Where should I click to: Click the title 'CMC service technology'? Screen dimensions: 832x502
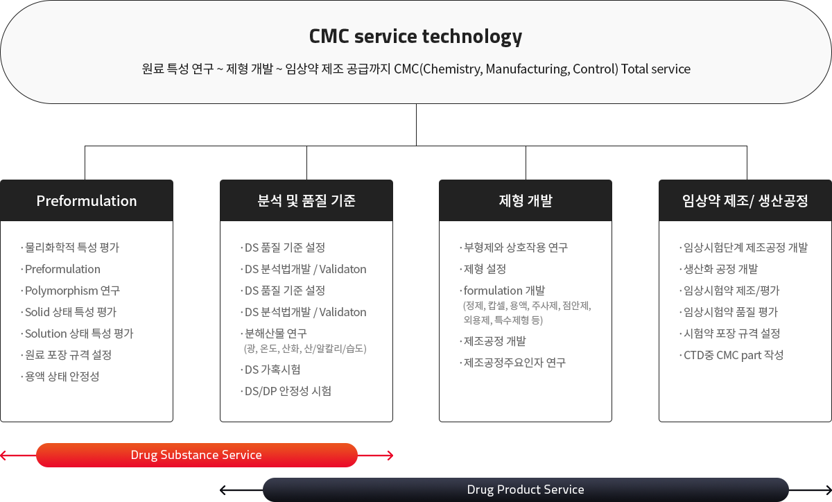pos(415,37)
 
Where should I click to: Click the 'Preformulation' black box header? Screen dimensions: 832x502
pos(87,200)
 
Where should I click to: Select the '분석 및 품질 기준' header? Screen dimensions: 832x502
pos(306,200)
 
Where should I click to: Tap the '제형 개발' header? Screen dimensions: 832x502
pos(526,200)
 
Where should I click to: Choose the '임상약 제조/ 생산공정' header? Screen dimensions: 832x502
pos(745,200)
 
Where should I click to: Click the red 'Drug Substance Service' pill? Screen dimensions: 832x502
pos(197,455)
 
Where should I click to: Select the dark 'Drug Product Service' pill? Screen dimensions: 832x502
pos(526,490)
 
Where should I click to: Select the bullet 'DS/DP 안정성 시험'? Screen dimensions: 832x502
pos(286,391)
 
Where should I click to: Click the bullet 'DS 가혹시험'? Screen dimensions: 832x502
pos(270,370)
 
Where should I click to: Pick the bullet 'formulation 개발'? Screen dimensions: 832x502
pos(503,291)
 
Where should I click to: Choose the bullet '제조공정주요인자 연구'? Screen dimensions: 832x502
pos(513,363)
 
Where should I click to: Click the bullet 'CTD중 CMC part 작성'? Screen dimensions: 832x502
pos(731,355)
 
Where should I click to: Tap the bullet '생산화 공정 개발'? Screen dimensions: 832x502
pos(719,269)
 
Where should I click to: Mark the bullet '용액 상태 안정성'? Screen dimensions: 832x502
pos(60,376)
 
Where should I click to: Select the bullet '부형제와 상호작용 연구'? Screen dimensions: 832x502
pos(514,248)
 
